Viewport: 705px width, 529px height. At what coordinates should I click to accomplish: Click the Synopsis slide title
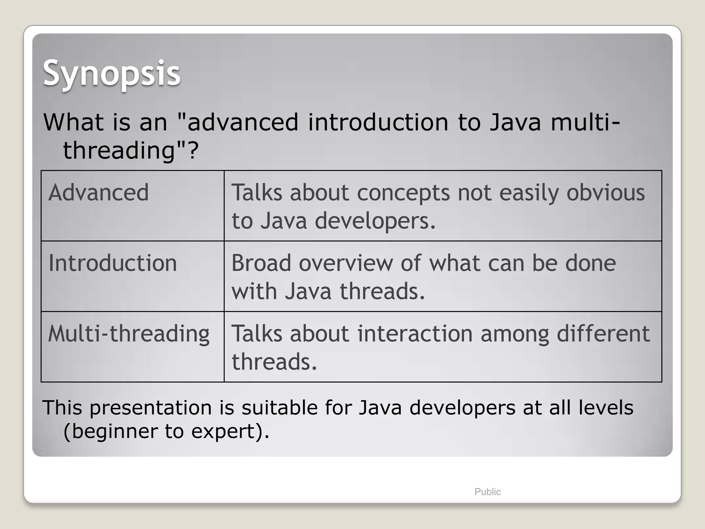coord(111,73)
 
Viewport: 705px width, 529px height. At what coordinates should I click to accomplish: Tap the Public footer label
coord(487,492)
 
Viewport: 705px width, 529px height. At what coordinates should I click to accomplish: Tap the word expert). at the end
coord(230,431)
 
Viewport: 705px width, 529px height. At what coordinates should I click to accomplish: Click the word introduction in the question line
coord(378,122)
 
